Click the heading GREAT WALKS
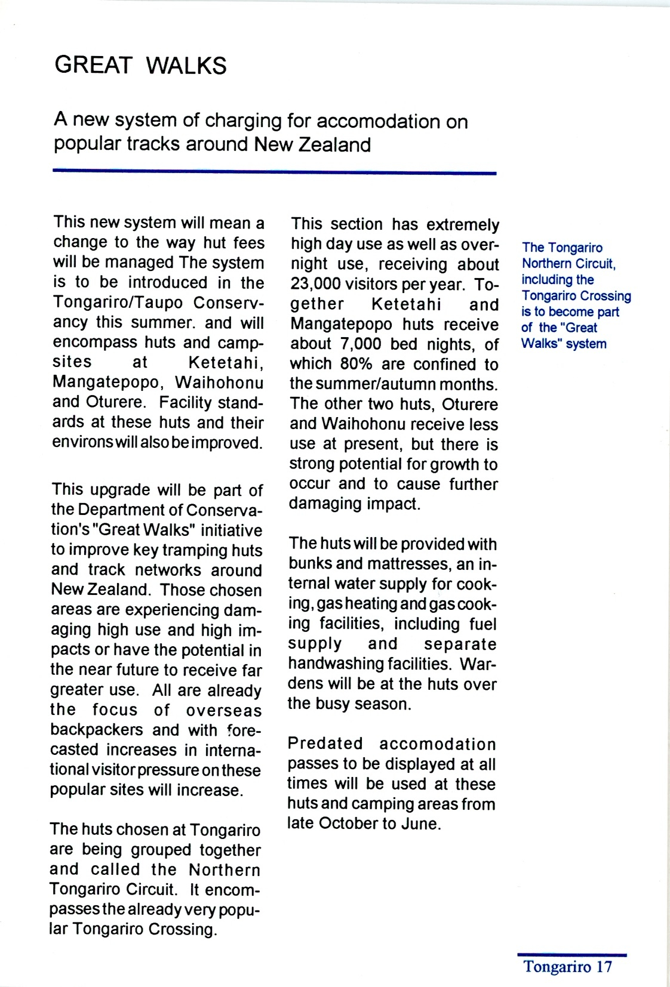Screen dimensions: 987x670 (x=140, y=65)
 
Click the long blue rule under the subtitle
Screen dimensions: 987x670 (x=275, y=172)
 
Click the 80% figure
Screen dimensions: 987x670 (x=357, y=364)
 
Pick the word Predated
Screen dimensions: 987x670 (x=325, y=744)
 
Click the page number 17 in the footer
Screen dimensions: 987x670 (x=604, y=967)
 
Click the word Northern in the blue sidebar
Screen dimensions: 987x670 (x=546, y=264)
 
